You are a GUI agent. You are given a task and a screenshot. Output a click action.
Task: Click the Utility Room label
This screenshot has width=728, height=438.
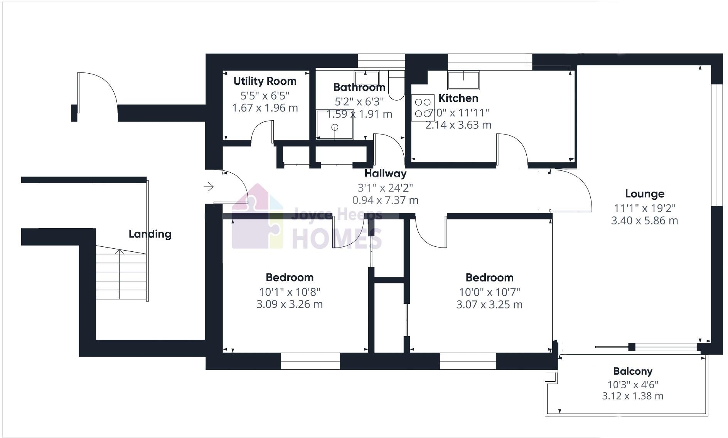[x=265, y=81]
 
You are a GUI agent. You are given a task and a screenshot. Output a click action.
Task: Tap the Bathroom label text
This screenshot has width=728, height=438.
[x=359, y=88]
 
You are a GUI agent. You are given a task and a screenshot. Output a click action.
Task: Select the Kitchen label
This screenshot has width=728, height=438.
[x=458, y=98]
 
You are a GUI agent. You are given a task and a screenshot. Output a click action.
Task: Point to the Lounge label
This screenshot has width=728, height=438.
[x=644, y=194]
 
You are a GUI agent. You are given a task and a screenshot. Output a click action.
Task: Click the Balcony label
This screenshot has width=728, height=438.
[x=633, y=371]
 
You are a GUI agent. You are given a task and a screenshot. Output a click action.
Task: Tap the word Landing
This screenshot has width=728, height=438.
[x=150, y=234]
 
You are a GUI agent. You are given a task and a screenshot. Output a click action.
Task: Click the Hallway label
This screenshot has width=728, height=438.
[x=385, y=174]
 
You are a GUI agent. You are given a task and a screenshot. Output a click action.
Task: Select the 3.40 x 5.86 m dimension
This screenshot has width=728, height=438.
[x=644, y=221]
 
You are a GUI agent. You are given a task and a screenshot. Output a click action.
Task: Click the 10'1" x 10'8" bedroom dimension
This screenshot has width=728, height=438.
[x=289, y=292]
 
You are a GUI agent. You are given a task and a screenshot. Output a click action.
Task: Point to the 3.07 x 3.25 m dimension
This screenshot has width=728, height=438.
[x=489, y=305]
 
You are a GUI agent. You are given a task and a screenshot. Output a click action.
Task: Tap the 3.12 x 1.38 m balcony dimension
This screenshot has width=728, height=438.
[x=632, y=396]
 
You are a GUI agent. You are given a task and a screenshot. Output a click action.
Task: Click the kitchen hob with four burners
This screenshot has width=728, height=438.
[x=423, y=108]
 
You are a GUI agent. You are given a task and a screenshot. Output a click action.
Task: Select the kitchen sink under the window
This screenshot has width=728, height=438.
[x=463, y=80]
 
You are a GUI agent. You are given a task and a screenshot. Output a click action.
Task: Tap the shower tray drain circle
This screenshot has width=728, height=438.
[x=335, y=127]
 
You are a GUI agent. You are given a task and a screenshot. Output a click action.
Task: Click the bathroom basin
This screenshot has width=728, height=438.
[x=366, y=77]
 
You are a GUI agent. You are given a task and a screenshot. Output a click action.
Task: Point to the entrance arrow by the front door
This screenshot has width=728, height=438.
[x=209, y=187]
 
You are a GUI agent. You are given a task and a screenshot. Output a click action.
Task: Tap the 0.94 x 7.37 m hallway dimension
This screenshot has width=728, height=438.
[x=385, y=200]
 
